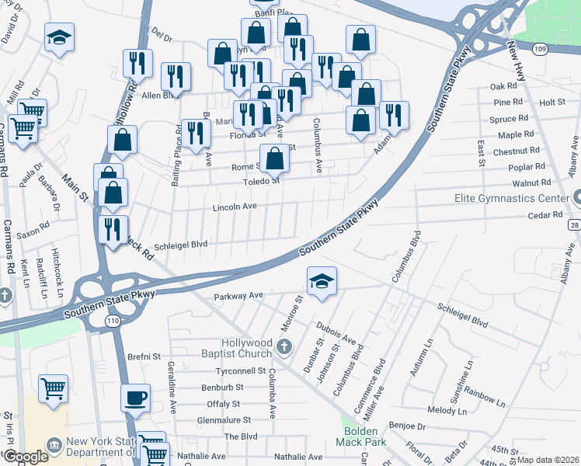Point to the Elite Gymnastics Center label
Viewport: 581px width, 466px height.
[512, 198]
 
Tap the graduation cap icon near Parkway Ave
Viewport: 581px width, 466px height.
[322, 281]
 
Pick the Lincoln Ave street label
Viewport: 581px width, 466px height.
[235, 207]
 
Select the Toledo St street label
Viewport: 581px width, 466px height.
[263, 181]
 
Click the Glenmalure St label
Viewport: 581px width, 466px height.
[224, 419]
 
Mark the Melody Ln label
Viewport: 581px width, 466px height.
[445, 409]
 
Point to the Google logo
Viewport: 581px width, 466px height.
[26, 457]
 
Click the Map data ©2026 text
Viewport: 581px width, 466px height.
[546, 460]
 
